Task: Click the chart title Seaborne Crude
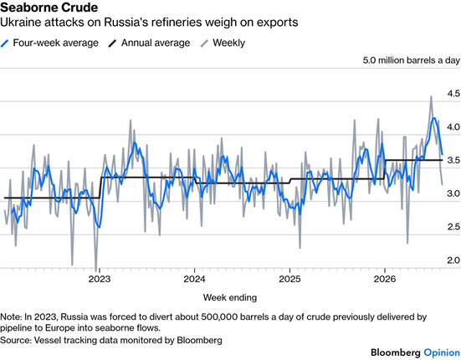[49, 8]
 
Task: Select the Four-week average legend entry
[49, 43]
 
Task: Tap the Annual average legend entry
[149, 43]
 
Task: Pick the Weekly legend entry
[223, 43]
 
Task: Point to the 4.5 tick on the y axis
[453, 94]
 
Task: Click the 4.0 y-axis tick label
[453, 126]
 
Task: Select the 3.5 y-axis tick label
[453, 160]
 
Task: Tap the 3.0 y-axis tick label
[453, 193]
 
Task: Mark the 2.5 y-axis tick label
[453, 227]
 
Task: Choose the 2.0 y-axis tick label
[453, 260]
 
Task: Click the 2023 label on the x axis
[100, 279]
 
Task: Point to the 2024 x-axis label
[194, 279]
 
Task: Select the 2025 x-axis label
[289, 279]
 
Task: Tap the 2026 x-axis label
[385, 279]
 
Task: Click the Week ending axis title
[230, 297]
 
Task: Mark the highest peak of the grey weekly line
[431, 96]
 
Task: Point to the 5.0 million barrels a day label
[412, 60]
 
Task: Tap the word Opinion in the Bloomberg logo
[442, 352]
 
